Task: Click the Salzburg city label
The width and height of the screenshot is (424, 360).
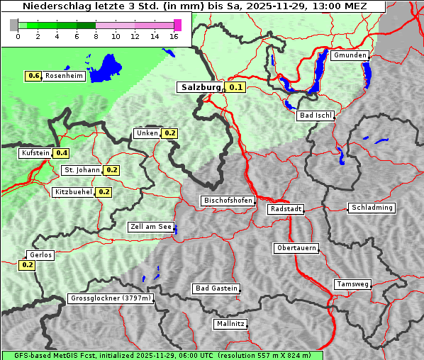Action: tap(200, 87)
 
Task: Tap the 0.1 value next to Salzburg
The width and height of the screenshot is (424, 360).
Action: tap(235, 88)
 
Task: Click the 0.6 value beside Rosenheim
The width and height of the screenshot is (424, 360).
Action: tap(33, 76)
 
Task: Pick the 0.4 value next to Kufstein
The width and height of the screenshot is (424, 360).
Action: tap(62, 152)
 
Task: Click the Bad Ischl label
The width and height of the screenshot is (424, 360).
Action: tap(314, 115)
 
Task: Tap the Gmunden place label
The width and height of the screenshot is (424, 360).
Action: tap(350, 55)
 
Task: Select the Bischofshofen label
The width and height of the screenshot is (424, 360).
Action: tap(228, 201)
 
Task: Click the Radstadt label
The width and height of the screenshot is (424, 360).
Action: tap(286, 209)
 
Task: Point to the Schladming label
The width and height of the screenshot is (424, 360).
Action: tap(371, 208)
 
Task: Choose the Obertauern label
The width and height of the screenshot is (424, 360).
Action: tap(296, 248)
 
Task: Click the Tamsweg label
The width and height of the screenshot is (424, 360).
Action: tap(352, 284)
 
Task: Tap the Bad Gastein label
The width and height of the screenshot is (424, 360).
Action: tap(216, 288)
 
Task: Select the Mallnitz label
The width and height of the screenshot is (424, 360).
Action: tap(230, 324)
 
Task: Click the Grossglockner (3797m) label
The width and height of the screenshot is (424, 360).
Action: tap(111, 298)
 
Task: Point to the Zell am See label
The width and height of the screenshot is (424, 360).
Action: tap(151, 227)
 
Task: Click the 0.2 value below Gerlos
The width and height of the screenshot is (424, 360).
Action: tap(27, 265)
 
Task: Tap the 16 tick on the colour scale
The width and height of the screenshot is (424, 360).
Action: tap(174, 35)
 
